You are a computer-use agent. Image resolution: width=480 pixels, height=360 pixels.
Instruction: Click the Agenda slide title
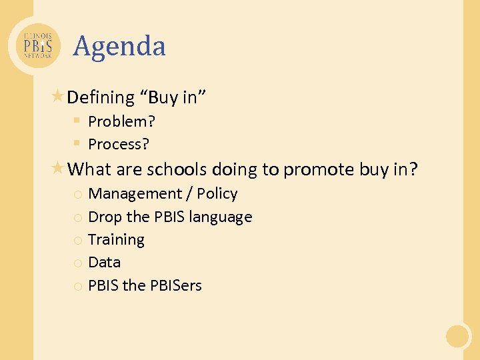119,47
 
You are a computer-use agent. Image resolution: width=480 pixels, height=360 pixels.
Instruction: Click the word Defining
101,98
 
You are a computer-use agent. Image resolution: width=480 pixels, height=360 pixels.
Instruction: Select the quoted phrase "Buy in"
173,98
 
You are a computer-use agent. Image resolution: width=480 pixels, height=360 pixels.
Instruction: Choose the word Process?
119,144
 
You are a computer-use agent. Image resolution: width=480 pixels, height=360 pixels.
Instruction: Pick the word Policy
217,194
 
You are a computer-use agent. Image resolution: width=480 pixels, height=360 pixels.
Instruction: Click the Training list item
116,240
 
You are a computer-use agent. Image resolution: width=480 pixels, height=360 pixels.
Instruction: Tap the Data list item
104,263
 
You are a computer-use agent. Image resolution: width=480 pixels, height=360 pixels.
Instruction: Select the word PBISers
175,285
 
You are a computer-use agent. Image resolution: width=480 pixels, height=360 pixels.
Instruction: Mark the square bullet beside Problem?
77,121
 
